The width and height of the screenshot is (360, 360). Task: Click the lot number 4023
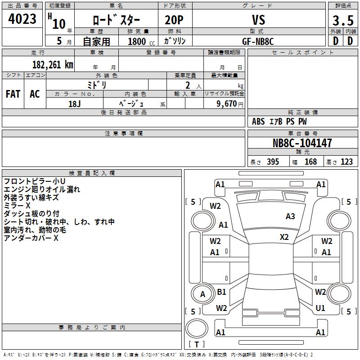click(22, 20)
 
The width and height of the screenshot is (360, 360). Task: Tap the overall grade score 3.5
click(342, 21)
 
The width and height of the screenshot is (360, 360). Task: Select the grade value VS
click(258, 20)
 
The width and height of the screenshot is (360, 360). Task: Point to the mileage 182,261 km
click(53, 64)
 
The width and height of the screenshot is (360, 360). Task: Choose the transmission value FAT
click(13, 94)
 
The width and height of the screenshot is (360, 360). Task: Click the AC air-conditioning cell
click(35, 94)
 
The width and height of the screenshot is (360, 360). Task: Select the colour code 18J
click(74, 103)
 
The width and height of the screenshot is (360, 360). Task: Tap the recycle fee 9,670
click(224, 103)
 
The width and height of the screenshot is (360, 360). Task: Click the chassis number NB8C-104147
click(302, 143)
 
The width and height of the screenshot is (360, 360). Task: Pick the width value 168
click(310, 162)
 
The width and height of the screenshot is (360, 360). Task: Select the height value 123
click(346, 162)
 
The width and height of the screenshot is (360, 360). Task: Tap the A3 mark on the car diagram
click(290, 216)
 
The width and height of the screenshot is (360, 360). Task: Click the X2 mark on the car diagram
click(284, 237)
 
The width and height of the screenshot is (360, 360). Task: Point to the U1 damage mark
click(320, 308)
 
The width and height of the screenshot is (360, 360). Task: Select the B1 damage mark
click(221, 292)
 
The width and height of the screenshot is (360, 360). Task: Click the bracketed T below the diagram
click(197, 345)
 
